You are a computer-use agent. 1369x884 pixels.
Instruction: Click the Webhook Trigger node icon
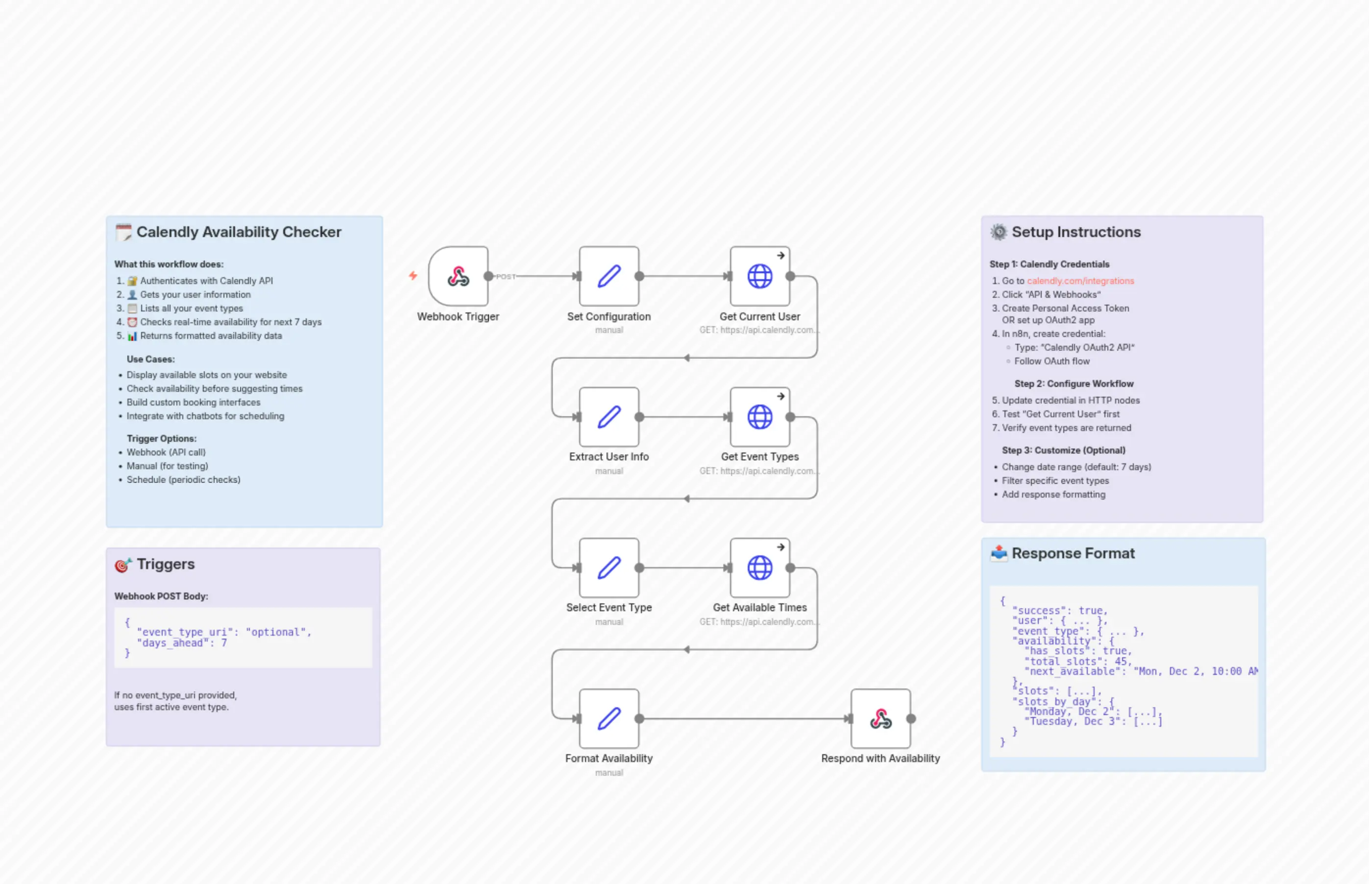pyautogui.click(x=458, y=276)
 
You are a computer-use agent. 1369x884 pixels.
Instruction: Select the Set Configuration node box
pyautogui.click(x=609, y=276)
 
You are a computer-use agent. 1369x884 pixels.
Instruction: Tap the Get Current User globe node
pyautogui.click(x=760, y=276)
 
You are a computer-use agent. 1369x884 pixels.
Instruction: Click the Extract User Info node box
pyautogui.click(x=609, y=417)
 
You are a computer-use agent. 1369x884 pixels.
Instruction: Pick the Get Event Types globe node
pyautogui.click(x=760, y=417)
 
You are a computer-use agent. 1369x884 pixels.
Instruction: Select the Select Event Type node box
pyautogui.click(x=609, y=568)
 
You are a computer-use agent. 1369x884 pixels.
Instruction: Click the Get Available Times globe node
pyautogui.click(x=760, y=568)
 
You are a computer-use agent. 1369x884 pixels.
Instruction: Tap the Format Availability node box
pyautogui.click(x=609, y=718)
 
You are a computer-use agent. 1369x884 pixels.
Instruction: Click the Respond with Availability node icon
pyautogui.click(x=880, y=718)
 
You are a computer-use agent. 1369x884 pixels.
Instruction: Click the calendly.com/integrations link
pyautogui.click(x=1080, y=281)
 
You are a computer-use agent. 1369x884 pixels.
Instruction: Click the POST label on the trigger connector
pyautogui.click(x=505, y=277)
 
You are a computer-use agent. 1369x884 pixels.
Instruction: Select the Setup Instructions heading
pyautogui.click(x=1076, y=232)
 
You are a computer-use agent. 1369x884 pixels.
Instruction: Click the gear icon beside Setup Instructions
pyautogui.click(x=999, y=232)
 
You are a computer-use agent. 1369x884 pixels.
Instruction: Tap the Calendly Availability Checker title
pyautogui.click(x=239, y=232)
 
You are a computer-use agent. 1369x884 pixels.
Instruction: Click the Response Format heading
pyautogui.click(x=1073, y=553)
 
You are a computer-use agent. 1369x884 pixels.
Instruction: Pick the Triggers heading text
pyautogui.click(x=166, y=564)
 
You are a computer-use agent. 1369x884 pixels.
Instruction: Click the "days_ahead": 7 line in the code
pyautogui.click(x=181, y=643)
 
